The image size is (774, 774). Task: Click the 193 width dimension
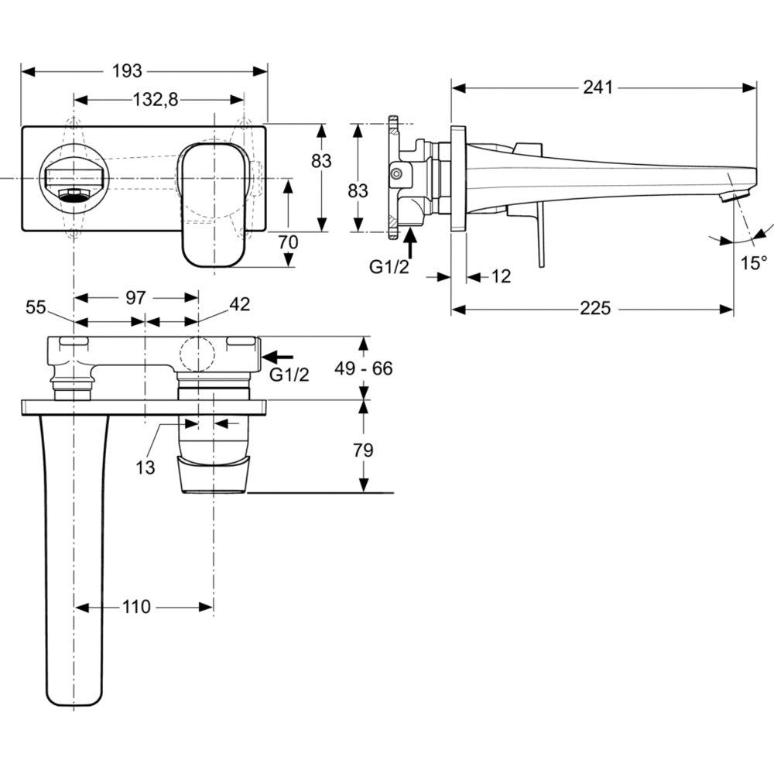pyautogui.click(x=128, y=71)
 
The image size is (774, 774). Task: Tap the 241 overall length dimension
pyautogui.click(x=598, y=87)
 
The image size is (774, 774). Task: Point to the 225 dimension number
pyautogui.click(x=594, y=309)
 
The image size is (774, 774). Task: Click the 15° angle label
pyautogui.click(x=752, y=262)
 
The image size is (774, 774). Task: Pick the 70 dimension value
pyautogui.click(x=288, y=241)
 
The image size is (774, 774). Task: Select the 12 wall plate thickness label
pyautogui.click(x=502, y=276)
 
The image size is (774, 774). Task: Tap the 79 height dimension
pyautogui.click(x=363, y=450)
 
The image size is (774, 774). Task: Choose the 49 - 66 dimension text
pyautogui.click(x=363, y=368)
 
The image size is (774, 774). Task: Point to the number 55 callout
pyautogui.click(x=36, y=307)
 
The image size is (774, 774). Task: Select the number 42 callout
pyautogui.click(x=239, y=305)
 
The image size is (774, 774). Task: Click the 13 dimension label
pyautogui.click(x=145, y=467)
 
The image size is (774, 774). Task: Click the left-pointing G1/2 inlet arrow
pyautogui.click(x=279, y=357)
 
